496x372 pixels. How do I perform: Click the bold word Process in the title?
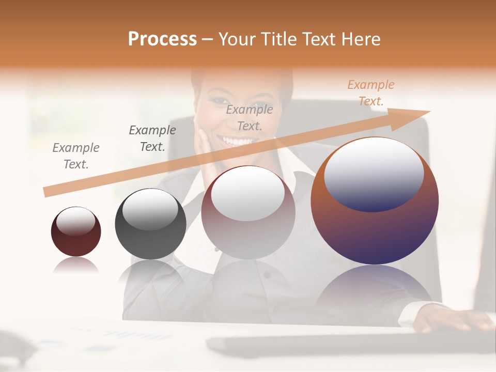(x=162, y=39)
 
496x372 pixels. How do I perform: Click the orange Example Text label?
(x=370, y=93)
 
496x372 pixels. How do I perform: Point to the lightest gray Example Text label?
(x=76, y=156)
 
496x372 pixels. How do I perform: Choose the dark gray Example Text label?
(x=152, y=138)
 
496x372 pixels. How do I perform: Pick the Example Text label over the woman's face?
(x=250, y=118)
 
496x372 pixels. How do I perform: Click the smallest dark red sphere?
(x=76, y=240)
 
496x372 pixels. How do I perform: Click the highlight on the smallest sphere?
(x=75, y=222)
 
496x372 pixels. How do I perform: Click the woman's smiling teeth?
(x=238, y=141)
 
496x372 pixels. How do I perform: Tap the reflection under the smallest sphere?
(x=76, y=266)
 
